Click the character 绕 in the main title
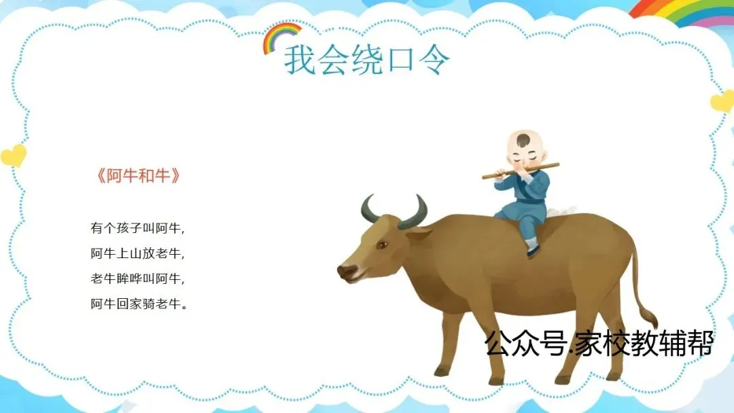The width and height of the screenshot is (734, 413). click(x=366, y=60)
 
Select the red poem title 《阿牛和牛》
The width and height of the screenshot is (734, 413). click(x=139, y=175)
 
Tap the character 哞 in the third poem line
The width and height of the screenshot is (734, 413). click(x=136, y=279)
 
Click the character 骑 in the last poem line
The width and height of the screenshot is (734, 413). click(x=149, y=304)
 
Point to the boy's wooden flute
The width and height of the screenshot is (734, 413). click(x=521, y=170)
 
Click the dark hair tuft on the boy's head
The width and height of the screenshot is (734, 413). click(x=524, y=139)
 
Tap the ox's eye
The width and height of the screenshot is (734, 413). click(x=383, y=245)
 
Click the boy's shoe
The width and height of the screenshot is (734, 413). click(x=532, y=252)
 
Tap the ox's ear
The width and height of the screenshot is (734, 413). click(x=418, y=234)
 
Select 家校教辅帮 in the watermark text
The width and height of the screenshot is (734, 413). click(x=644, y=343)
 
